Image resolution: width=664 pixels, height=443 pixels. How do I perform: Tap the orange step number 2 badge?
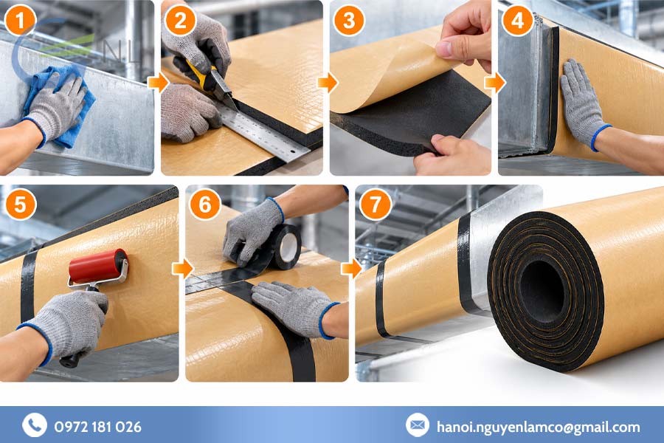point(181,20)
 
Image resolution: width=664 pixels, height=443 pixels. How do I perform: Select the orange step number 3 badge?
point(349,20)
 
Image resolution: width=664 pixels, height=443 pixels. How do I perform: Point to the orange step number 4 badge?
point(517,20)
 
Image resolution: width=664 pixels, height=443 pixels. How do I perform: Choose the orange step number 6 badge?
point(205,204)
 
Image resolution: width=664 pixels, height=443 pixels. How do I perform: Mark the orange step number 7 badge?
point(376,204)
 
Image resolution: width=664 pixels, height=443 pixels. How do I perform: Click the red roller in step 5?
point(98,267)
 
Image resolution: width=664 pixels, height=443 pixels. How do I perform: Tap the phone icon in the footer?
point(35,425)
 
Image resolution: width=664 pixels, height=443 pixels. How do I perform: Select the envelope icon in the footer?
point(417,425)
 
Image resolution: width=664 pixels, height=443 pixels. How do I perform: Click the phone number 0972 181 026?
point(98,427)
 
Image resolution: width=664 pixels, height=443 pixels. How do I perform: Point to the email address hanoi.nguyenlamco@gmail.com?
point(539,427)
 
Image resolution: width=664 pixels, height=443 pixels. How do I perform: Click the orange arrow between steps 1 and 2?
point(159,82)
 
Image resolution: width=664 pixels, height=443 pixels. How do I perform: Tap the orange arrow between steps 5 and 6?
point(182,268)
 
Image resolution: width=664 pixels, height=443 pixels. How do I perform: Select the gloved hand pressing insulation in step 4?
point(584,104)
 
